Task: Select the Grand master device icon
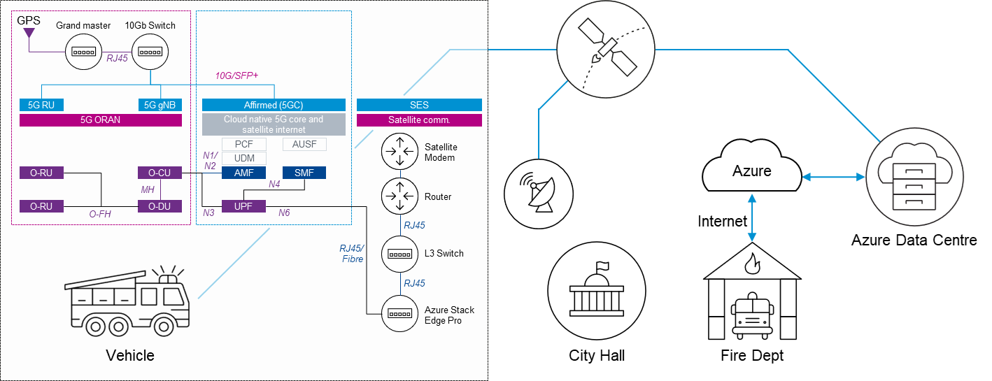[x=84, y=52]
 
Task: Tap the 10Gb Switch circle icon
[x=150, y=52]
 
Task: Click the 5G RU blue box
[x=41, y=105]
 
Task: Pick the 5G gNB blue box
[x=160, y=105]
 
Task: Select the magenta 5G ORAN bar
[x=101, y=120]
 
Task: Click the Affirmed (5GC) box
[x=274, y=105]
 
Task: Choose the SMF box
[x=304, y=173]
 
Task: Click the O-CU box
[x=160, y=173]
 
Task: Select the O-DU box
[x=160, y=206]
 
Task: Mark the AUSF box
[x=304, y=144]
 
